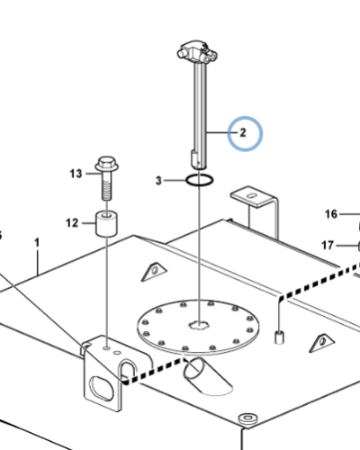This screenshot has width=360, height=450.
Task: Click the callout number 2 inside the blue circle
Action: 243,132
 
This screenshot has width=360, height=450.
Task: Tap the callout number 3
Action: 158,181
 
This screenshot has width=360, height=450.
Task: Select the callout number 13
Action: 76,174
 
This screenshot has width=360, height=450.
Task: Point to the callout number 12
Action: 72,223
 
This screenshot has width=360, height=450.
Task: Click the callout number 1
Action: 37,243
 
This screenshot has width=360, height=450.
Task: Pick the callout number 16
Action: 331,214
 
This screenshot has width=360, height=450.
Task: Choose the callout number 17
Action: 328,245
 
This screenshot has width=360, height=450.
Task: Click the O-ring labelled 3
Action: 200,180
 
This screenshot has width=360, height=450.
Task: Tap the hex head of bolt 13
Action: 107,165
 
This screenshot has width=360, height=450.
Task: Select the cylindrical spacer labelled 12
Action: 106,223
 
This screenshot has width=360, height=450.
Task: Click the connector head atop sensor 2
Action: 197,51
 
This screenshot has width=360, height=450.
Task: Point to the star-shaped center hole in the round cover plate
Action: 198,325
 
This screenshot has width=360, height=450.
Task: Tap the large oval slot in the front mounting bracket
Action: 102,389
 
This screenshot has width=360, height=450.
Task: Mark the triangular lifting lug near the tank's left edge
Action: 154,272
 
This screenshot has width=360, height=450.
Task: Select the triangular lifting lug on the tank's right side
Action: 322,343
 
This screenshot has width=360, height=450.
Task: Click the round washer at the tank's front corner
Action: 247,418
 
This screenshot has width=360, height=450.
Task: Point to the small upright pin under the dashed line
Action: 279,337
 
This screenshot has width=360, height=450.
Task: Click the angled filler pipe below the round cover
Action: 207,375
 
